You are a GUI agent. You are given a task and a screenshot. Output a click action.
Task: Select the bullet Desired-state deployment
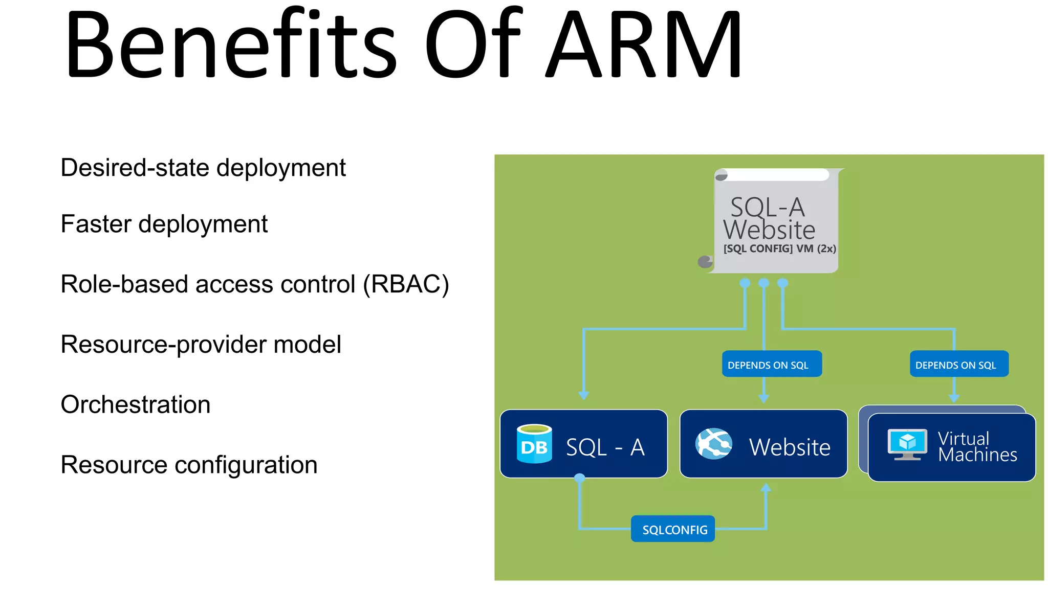203,168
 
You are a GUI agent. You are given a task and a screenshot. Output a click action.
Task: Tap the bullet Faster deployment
164,224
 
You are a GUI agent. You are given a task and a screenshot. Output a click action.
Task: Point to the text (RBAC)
406,284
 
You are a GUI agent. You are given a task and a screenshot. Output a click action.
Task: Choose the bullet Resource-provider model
201,344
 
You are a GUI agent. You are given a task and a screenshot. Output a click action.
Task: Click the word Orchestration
135,404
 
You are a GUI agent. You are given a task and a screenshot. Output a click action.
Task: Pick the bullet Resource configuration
189,465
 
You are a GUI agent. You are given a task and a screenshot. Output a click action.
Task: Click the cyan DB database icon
534,444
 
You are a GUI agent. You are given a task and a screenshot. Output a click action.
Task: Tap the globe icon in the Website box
713,444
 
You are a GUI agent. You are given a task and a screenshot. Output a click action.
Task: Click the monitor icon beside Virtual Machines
907,444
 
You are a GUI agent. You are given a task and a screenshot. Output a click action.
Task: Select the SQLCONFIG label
674,530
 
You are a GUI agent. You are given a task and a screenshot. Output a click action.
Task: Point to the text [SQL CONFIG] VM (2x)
779,248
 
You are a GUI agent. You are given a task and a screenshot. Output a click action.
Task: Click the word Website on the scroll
769,230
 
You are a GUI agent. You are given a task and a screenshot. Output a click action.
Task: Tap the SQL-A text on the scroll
767,207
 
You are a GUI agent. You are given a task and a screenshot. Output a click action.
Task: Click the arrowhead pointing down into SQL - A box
583,395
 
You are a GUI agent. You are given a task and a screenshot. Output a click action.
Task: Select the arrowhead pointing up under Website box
766,488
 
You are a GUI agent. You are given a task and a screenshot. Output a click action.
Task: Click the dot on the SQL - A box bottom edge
579,478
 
